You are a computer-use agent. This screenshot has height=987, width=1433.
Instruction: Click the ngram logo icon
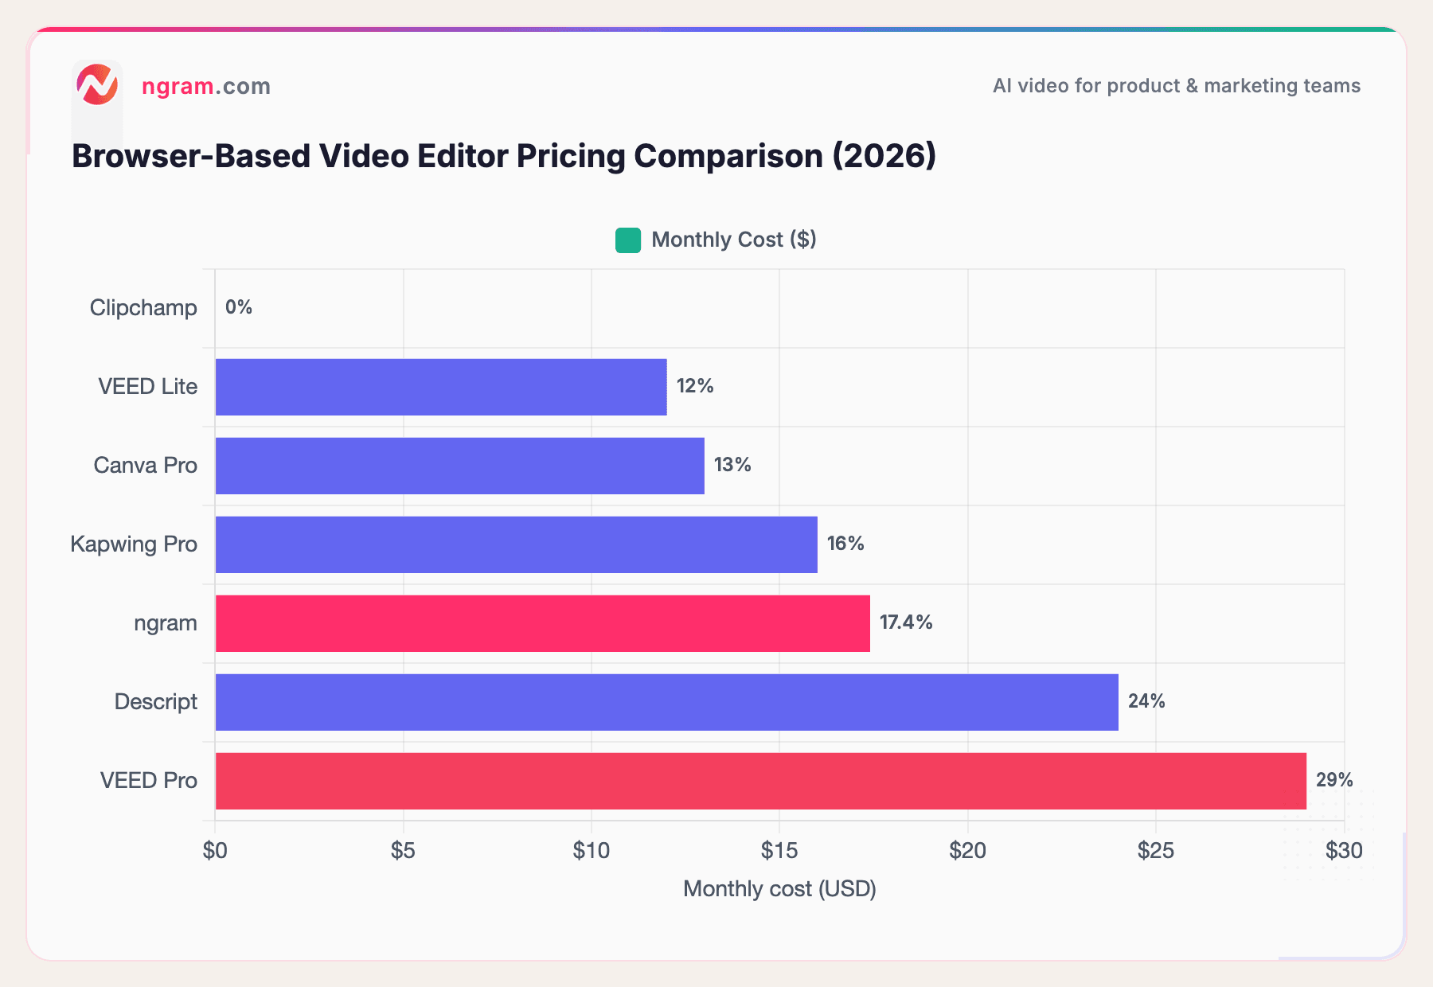click(x=97, y=85)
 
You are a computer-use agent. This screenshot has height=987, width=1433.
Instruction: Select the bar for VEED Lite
click(x=440, y=387)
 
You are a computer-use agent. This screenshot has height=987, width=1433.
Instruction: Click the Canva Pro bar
click(x=459, y=466)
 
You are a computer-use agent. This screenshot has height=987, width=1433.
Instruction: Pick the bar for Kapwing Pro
click(x=516, y=544)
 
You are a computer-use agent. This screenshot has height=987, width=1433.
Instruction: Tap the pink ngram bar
click(x=542, y=623)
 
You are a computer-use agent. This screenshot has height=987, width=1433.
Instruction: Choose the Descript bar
click(x=666, y=702)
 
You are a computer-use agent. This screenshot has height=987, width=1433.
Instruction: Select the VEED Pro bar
click(x=760, y=781)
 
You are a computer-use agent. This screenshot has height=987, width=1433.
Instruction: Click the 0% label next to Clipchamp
click(x=238, y=307)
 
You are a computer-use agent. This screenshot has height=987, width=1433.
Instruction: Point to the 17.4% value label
click(x=906, y=622)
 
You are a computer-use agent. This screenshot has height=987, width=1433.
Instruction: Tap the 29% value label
click(x=1334, y=780)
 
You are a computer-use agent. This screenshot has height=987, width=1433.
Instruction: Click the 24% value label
click(x=1146, y=701)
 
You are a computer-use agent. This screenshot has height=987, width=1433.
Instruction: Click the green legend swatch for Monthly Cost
click(x=628, y=240)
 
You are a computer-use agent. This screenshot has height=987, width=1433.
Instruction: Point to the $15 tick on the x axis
click(x=779, y=851)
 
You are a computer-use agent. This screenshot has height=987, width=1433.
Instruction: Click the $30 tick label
click(x=1344, y=851)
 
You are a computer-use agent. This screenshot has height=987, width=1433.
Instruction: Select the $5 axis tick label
click(x=403, y=851)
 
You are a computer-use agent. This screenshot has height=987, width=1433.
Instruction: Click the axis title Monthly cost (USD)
click(x=779, y=889)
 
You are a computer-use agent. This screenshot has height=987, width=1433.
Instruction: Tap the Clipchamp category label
click(x=143, y=308)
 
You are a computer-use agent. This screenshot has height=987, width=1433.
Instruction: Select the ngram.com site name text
click(x=206, y=86)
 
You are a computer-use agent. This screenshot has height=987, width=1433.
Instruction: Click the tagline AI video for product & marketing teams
click(x=1176, y=86)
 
